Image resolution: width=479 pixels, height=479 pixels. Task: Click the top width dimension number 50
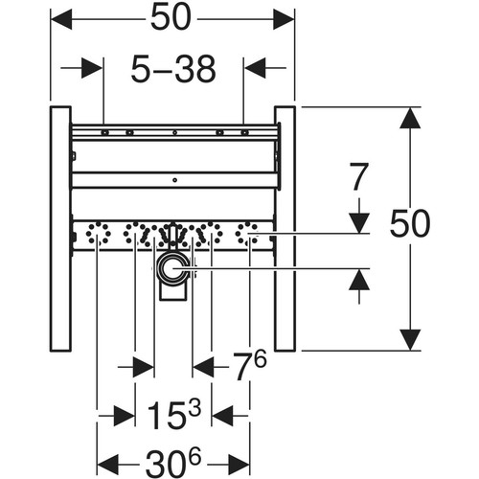pyautogui.click(x=171, y=18)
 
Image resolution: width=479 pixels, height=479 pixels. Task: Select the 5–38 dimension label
pyautogui.click(x=173, y=69)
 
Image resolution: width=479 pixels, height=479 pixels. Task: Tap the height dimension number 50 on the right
pyautogui.click(x=410, y=223)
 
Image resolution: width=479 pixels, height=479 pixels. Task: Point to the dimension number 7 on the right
pyautogui.click(x=359, y=176)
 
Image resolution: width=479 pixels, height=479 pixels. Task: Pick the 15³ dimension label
pyautogui.click(x=174, y=415)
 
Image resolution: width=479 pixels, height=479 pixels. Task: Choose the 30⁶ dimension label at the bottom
pyautogui.click(x=173, y=463)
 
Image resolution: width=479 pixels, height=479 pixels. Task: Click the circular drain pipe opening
pyautogui.click(x=172, y=268)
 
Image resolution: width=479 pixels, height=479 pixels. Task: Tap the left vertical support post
pyautogui.click(x=60, y=229)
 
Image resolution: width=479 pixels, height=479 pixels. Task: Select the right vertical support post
pyautogui.click(x=285, y=229)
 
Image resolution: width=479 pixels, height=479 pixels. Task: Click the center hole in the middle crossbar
pyautogui.click(x=174, y=180)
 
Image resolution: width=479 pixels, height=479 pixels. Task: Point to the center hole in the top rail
pyautogui.click(x=174, y=132)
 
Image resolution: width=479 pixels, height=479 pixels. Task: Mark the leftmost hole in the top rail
pyautogui.click(x=104, y=132)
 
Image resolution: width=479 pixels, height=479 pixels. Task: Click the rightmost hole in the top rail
pyautogui.click(x=244, y=132)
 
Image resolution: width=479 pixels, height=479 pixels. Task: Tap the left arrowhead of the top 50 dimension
pyautogui.click(x=61, y=19)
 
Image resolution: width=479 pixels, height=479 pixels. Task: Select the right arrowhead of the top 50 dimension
pyautogui.click(x=284, y=19)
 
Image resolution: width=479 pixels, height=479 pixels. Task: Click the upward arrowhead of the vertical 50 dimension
pyautogui.click(x=410, y=118)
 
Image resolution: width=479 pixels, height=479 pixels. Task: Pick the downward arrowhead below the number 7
pyautogui.click(x=359, y=223)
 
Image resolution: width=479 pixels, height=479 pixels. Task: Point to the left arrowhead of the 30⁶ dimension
pyautogui.click(x=108, y=464)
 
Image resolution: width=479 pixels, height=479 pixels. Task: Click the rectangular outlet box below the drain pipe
pyautogui.click(x=172, y=292)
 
